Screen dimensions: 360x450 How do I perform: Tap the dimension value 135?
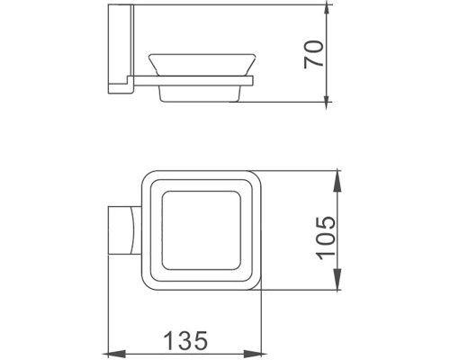point(184,340)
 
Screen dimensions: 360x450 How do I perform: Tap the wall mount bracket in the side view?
point(118,49)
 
